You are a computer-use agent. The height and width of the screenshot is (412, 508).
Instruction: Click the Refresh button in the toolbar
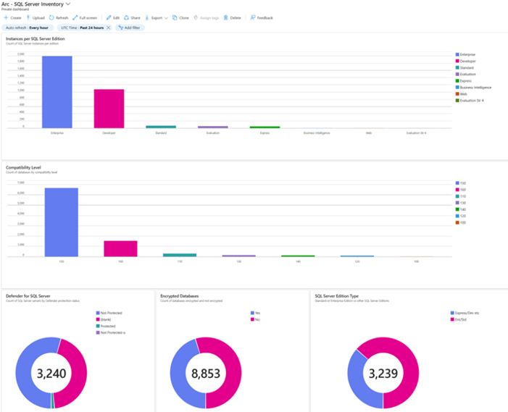tap(59, 17)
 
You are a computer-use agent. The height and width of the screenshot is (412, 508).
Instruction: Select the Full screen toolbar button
tap(85, 17)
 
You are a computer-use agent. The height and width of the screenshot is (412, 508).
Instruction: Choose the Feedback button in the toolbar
tap(262, 17)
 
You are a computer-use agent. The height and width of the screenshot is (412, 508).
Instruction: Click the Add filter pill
tap(130, 28)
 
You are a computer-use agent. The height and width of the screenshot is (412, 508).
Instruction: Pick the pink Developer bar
tap(109, 108)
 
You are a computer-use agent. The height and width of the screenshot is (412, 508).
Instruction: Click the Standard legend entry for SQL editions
tap(467, 67)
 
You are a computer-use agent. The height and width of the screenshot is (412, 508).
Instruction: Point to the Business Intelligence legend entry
tap(475, 87)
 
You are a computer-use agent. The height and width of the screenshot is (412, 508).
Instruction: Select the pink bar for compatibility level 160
tap(120, 248)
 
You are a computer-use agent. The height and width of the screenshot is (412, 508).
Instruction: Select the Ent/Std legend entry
tap(462, 319)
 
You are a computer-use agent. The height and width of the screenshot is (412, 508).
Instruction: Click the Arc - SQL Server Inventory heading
tap(34, 4)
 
